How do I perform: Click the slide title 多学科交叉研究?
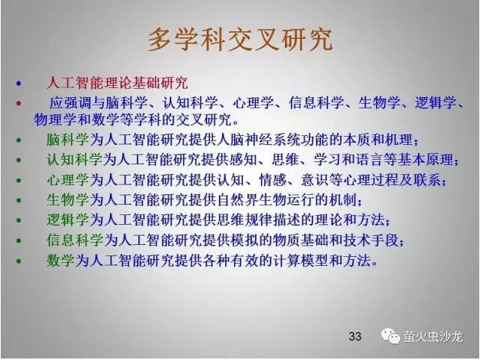coord(240,40)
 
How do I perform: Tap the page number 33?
coord(355,336)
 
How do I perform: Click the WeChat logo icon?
coord(390,336)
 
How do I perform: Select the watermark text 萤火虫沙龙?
coord(433,336)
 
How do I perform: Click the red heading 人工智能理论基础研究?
coord(117,83)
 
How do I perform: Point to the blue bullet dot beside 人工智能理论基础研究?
coord(19,83)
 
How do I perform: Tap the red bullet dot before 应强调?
coord(19,103)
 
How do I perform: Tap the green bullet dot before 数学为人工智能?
coord(19,261)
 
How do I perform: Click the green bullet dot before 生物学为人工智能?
coord(19,200)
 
